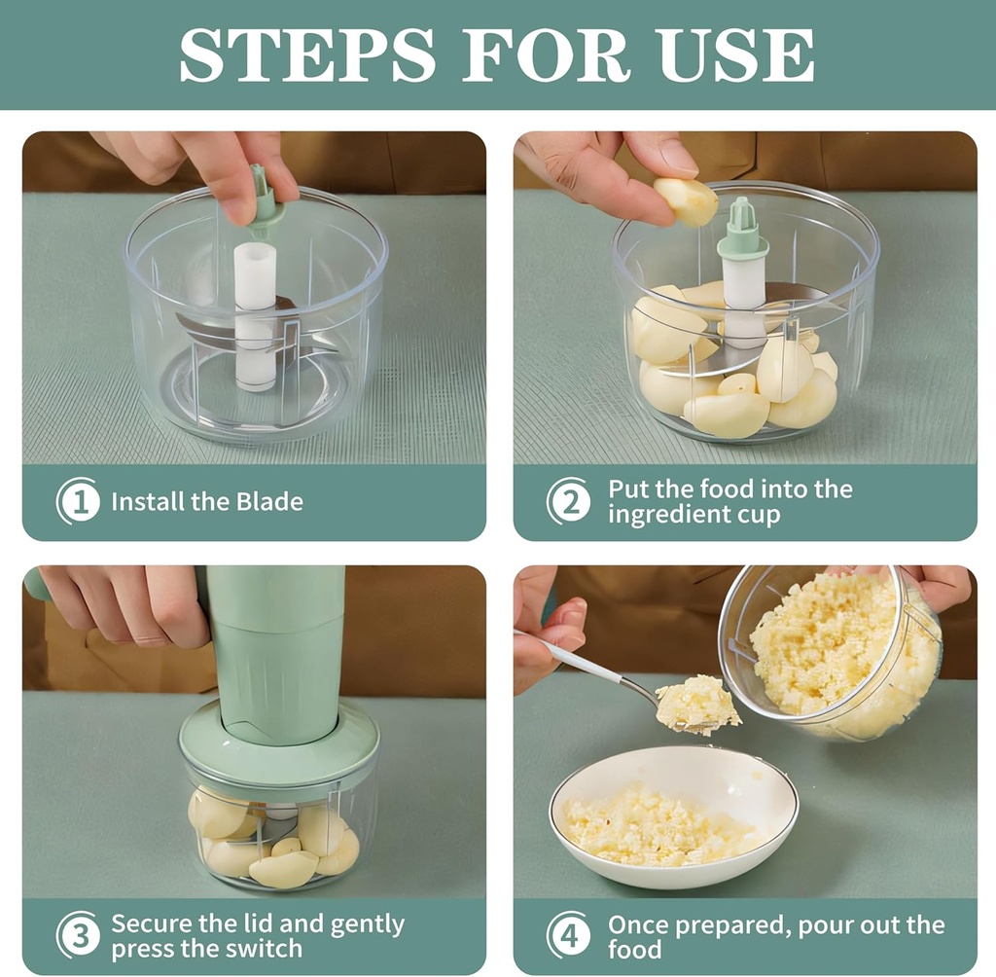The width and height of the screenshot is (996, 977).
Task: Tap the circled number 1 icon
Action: tap(79, 502)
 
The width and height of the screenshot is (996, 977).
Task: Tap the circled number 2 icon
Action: tap(569, 502)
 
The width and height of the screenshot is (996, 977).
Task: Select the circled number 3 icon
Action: tap(79, 935)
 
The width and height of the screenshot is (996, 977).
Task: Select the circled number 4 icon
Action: tap(569, 935)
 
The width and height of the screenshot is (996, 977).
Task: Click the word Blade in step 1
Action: tap(269, 502)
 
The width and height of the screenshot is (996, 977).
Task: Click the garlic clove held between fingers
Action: tap(686, 200)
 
